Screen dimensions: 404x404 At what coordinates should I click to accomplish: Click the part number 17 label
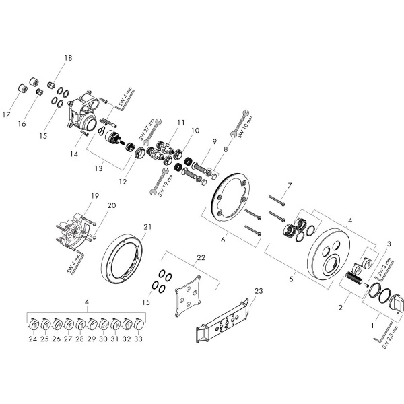point(6,115)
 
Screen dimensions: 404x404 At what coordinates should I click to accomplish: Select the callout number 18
point(67,59)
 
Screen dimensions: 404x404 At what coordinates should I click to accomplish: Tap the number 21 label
point(148,226)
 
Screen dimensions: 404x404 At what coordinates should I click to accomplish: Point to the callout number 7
point(289,185)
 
